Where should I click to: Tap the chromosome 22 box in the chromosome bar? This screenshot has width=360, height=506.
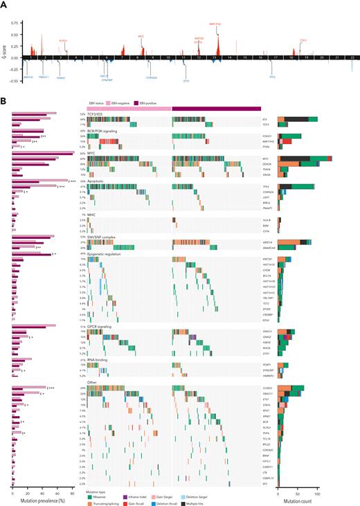pos(354,57)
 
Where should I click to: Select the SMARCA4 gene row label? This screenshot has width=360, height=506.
pos(267,247)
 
